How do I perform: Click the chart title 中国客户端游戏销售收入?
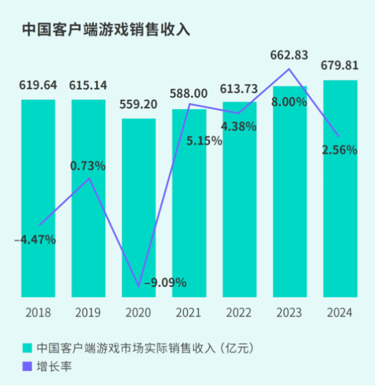[106, 31]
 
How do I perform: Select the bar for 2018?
[38, 198]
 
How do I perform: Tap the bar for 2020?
[138, 205]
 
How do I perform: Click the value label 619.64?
[38, 86]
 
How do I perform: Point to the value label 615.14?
[89, 86]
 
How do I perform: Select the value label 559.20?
[139, 105]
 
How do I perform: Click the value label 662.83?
[290, 55]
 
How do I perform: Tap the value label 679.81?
[340, 67]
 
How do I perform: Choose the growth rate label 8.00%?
[288, 102]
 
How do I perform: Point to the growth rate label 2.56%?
[340, 151]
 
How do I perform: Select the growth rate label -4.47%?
[35, 239]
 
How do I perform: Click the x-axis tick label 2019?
[89, 313]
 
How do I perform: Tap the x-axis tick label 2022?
[239, 313]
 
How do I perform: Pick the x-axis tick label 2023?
[289, 313]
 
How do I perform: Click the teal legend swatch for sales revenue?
[27, 348]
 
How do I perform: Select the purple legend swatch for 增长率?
[27, 367]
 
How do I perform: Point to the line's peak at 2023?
[290, 69]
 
